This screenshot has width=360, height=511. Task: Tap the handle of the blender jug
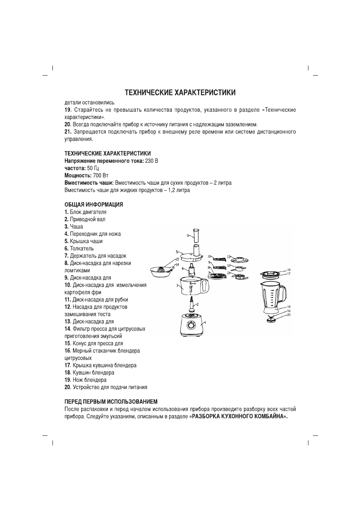[283, 294]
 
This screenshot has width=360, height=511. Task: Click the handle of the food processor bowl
[205, 286]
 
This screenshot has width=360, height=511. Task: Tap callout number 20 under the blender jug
[289, 315]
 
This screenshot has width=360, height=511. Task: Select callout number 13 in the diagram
[229, 256]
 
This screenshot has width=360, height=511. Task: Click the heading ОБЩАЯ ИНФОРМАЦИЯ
[94, 205]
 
